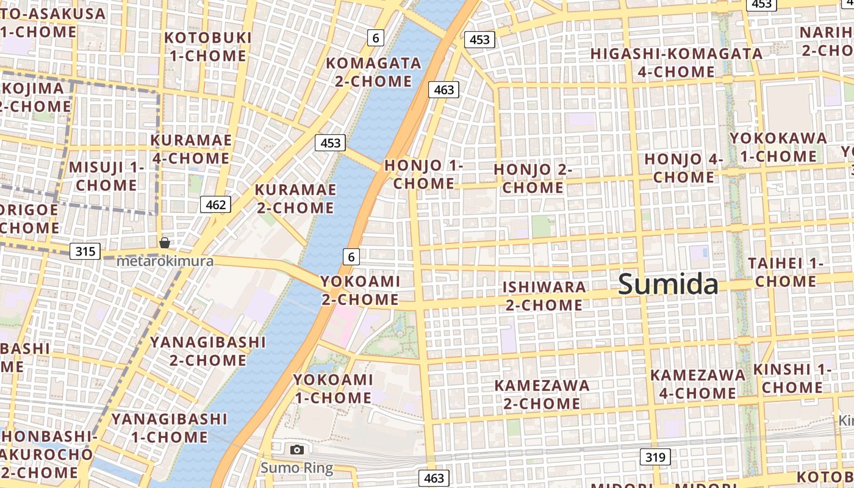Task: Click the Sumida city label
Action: (x=668, y=285)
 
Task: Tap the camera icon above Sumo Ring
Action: (x=297, y=450)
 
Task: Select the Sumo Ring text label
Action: (x=297, y=468)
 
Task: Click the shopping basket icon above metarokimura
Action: (x=165, y=243)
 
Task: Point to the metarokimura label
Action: (x=165, y=261)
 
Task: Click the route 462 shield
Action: (x=216, y=204)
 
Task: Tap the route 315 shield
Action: (x=85, y=251)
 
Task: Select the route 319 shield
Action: (x=656, y=457)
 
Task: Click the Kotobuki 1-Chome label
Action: (x=208, y=46)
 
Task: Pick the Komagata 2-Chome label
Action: (x=373, y=72)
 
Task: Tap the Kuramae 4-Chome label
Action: (x=191, y=149)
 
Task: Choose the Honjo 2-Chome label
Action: (x=533, y=178)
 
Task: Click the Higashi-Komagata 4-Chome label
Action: (x=676, y=63)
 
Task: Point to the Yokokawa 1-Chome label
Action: (x=778, y=147)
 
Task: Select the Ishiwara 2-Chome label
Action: (x=544, y=296)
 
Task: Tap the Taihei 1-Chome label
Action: (x=786, y=272)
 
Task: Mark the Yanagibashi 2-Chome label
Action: (x=208, y=351)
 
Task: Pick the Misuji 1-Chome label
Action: (x=107, y=176)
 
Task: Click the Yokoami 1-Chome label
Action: (x=332, y=389)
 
